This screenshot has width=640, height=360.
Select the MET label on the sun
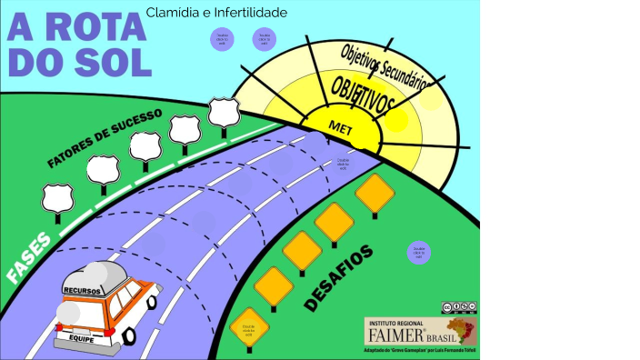340,127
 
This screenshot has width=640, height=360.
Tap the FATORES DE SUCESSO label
104,138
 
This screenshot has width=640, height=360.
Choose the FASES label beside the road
27,261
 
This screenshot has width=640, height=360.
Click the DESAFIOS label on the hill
339,277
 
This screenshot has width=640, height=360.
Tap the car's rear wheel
129,335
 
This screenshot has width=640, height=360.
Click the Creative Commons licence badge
459,308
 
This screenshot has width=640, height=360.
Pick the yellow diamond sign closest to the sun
374,193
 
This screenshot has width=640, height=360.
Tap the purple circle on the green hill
418,253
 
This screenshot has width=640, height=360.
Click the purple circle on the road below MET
343,164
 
